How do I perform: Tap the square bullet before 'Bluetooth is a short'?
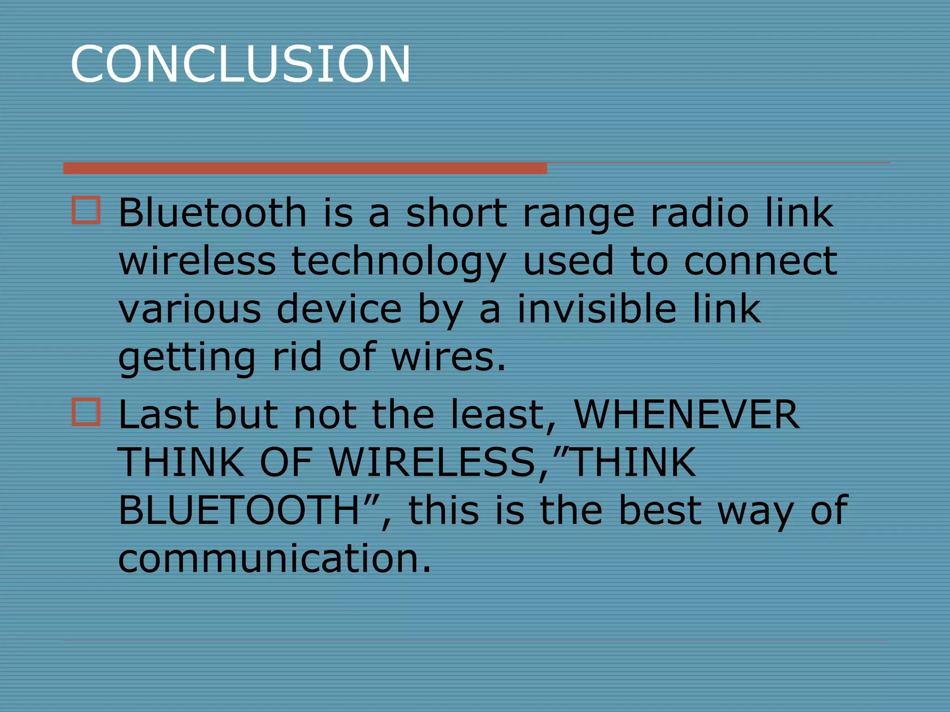(x=86, y=210)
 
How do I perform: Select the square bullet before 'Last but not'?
(x=86, y=412)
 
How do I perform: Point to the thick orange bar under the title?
(x=305, y=168)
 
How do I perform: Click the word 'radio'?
(x=700, y=213)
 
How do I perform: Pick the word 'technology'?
(x=398, y=262)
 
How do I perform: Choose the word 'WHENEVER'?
(x=687, y=414)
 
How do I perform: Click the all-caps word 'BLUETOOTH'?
(x=239, y=510)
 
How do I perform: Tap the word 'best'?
(x=660, y=510)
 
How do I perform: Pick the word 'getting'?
(x=186, y=358)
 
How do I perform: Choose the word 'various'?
(x=190, y=310)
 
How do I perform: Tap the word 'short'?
(x=456, y=213)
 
